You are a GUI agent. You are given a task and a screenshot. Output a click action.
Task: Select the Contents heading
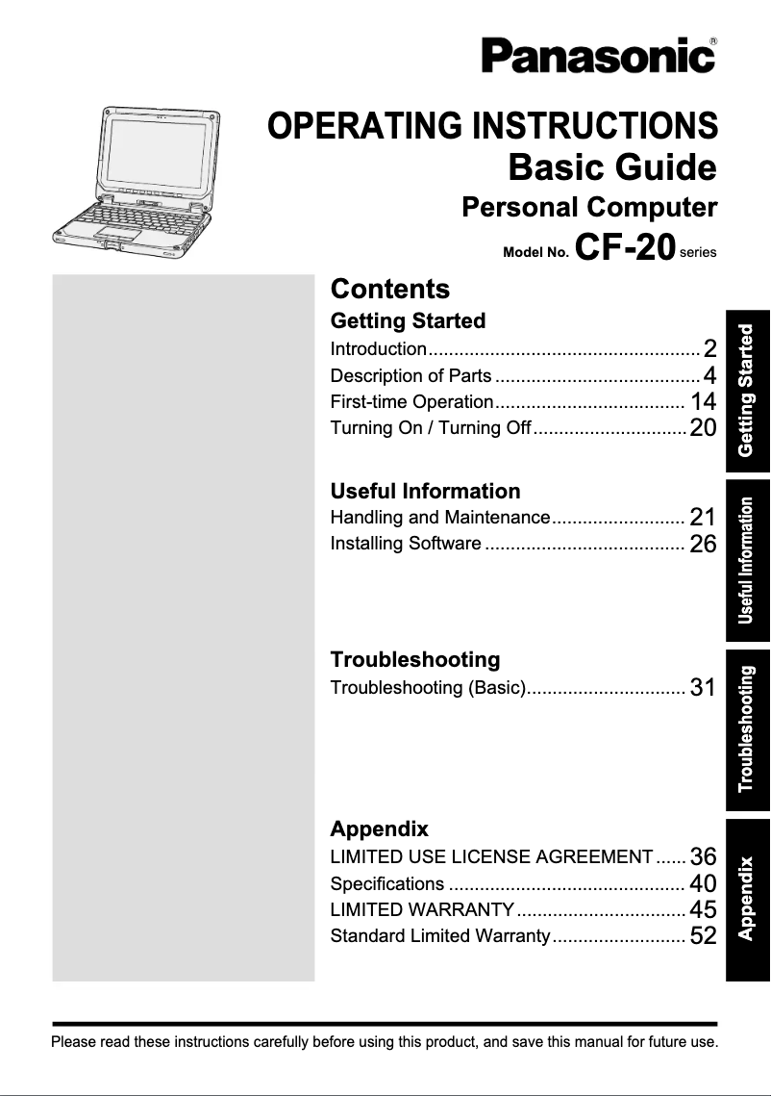point(389,289)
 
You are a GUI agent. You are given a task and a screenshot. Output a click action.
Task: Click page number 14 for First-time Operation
point(703,402)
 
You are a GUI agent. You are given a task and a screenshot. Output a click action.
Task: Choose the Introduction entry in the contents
point(378,349)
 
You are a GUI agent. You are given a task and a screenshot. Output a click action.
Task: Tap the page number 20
point(703,428)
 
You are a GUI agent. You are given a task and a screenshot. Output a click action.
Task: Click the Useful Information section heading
point(425,491)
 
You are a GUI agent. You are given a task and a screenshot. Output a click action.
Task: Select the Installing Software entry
point(405,544)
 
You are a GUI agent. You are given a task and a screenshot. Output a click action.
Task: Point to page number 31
point(703,688)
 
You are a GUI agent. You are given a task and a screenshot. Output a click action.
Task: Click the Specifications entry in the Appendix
point(386,883)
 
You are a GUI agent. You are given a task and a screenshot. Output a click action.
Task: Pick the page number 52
point(703,935)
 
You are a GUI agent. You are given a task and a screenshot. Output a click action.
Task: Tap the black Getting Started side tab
point(748,390)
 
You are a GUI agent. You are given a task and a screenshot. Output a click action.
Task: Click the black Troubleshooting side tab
point(748,728)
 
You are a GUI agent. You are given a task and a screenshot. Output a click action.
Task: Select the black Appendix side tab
point(748,898)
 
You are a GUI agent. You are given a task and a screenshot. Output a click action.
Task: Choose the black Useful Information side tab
point(748,559)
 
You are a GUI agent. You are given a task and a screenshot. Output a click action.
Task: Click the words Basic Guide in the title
point(611,167)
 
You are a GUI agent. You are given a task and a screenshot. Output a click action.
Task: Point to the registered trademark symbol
point(712,41)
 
